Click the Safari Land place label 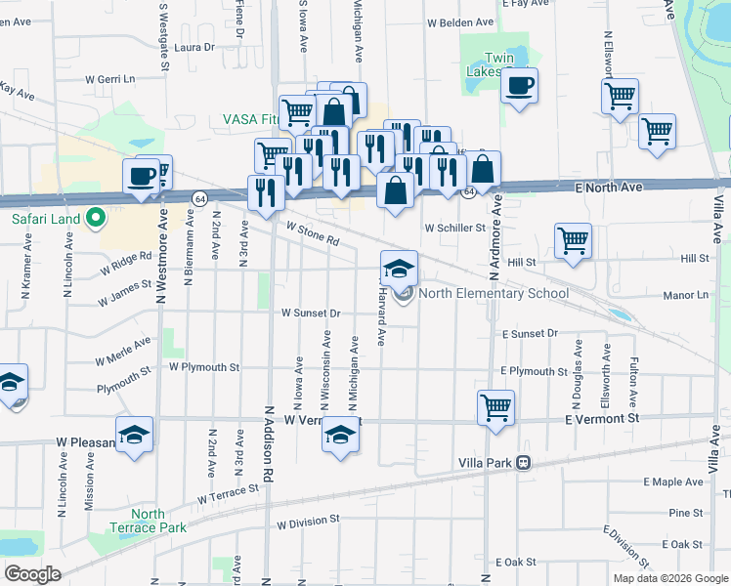click(x=45, y=219)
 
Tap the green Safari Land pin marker click(x=95, y=219)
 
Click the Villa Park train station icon click(x=525, y=462)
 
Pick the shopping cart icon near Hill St click(x=572, y=240)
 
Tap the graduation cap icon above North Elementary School click(x=399, y=268)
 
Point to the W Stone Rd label click(x=312, y=233)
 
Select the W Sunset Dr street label click(x=310, y=314)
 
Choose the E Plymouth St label click(x=534, y=371)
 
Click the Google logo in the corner click(x=32, y=574)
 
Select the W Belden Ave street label click(x=460, y=21)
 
